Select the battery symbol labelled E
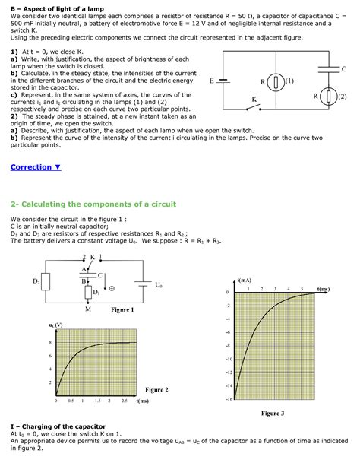(x=223, y=80)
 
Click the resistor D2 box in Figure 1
(x=45, y=281)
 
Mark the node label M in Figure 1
(x=88, y=309)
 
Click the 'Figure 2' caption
(x=156, y=390)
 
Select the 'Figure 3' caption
(x=272, y=413)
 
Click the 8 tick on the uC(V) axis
(x=50, y=343)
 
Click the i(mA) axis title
(x=245, y=281)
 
